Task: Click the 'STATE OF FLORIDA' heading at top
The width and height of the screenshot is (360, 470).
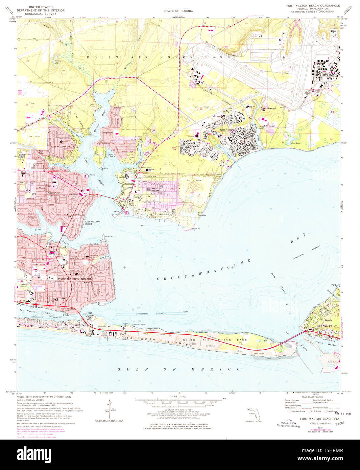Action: [178, 11]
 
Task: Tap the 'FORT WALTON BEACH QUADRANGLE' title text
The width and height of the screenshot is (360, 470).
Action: [313, 6]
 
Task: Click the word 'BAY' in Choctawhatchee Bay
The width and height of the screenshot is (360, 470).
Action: [299, 238]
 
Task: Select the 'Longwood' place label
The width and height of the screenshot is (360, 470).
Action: [107, 133]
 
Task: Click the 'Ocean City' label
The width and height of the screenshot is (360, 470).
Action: [54, 193]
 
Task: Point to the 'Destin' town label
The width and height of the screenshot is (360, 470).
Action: [328, 320]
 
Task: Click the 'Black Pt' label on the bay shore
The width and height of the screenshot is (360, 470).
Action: [196, 229]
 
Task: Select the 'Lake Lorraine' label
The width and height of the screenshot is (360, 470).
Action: [202, 214]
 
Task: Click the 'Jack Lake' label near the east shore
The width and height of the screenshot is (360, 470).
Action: [295, 143]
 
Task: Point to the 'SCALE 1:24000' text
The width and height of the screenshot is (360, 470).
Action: [178, 396]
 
